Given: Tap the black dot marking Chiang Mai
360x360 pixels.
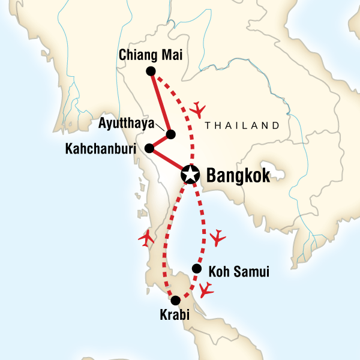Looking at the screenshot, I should point(151,71).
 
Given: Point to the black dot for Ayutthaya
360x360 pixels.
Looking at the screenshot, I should point(171,134).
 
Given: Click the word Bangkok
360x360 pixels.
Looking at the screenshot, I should point(238,175).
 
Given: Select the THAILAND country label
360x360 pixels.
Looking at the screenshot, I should point(242,125).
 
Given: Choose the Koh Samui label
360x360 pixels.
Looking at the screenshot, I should point(238,272).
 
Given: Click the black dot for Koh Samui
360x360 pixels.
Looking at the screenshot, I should point(196,268).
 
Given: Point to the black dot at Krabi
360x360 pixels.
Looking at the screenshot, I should point(175,301).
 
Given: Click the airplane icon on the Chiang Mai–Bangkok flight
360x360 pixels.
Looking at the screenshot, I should point(197,109).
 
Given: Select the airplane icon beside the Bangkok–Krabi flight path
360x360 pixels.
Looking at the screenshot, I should point(146,239).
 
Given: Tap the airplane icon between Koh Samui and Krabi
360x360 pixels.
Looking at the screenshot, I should point(206,291).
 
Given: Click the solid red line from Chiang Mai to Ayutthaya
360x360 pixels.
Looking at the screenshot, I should point(160,102).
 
